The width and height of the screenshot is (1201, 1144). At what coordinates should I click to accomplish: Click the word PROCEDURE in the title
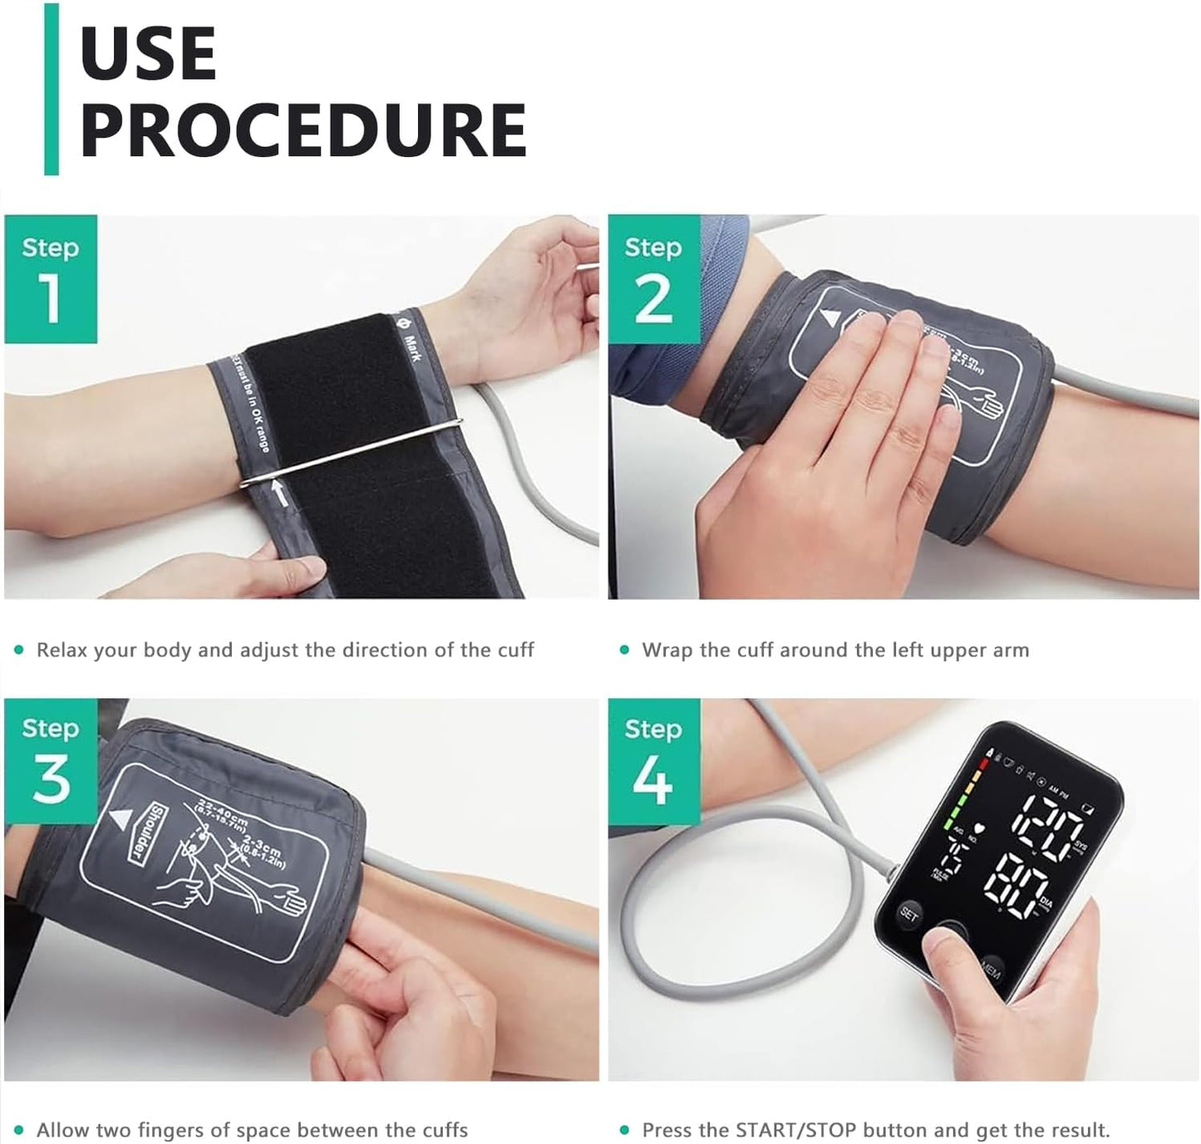pos(303,130)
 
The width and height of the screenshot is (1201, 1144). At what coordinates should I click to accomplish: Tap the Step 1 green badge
pos(51,279)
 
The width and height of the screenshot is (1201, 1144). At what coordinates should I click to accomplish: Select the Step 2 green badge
pos(653,279)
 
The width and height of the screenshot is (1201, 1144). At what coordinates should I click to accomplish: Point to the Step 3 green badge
pos(51,761)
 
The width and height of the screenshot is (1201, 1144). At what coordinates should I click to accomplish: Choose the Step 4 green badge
pos(653,761)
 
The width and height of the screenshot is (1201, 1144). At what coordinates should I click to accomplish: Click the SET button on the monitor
pos(908,916)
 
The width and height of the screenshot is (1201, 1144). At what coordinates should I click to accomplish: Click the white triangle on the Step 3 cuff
pos(121,817)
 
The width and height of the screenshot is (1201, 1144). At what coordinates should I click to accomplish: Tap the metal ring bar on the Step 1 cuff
pos(349,453)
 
